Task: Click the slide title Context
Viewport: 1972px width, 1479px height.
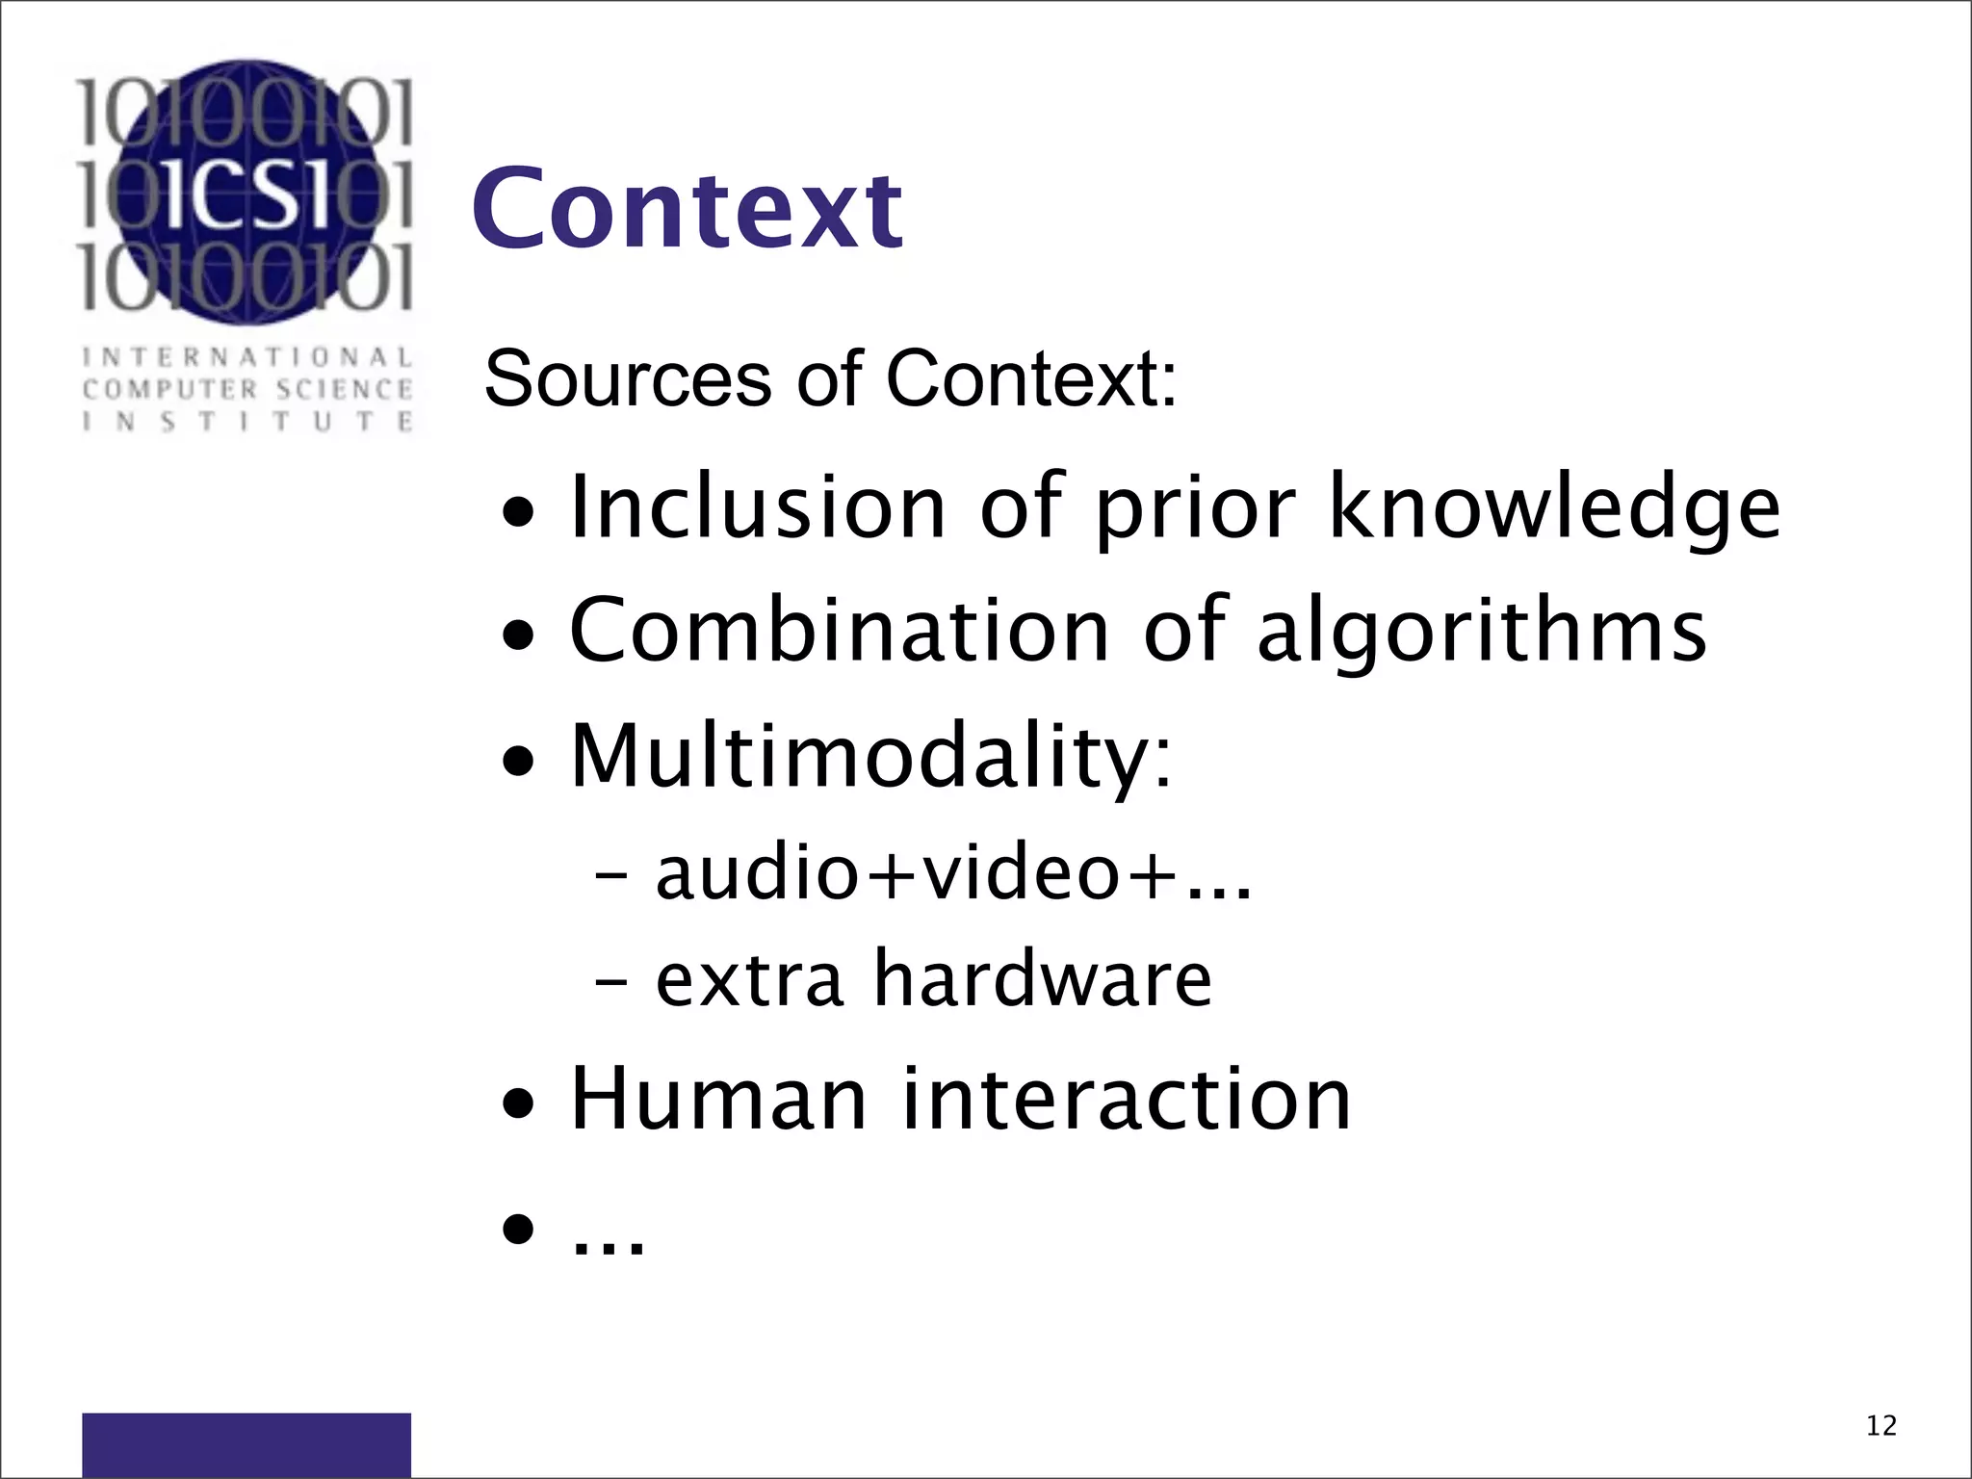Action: point(687,209)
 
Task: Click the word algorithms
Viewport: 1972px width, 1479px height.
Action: point(1482,632)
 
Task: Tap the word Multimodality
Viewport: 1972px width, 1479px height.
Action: point(869,756)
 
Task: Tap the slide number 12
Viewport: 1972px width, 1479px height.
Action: point(1881,1426)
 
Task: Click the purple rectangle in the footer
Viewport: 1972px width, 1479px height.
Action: point(246,1444)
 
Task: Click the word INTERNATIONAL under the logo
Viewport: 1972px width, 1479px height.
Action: point(247,357)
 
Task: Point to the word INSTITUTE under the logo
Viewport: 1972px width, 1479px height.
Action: point(247,422)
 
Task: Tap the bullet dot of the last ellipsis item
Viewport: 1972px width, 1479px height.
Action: point(519,1230)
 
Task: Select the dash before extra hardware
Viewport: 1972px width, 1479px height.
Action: point(612,982)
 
